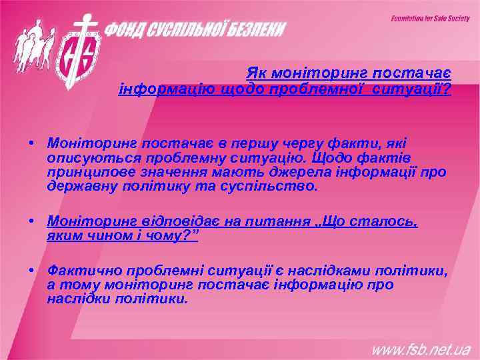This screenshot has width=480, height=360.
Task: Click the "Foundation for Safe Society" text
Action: (430, 19)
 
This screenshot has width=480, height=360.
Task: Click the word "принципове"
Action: (85, 172)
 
